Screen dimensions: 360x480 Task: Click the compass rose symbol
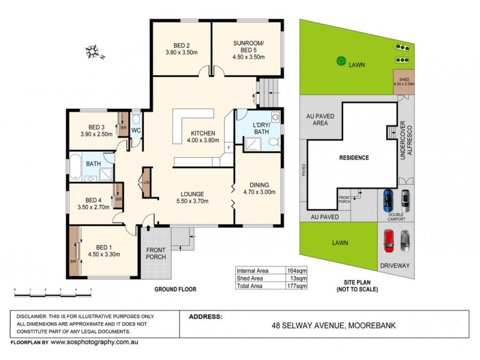pos(93,52)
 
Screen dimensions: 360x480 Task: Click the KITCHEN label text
pos(203,133)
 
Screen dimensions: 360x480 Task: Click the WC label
pos(136,130)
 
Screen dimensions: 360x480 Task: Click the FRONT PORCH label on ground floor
pos(155,253)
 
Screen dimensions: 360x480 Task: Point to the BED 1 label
pos(104,247)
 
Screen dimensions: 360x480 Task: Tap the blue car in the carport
pos(388,200)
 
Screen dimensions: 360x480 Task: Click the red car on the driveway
pos(388,240)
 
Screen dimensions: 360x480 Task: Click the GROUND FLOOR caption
pos(175,289)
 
